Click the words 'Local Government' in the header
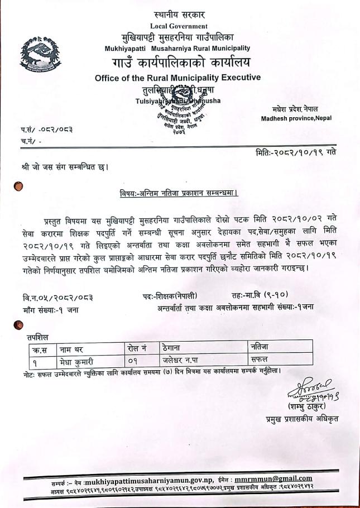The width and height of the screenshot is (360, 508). tap(179, 26)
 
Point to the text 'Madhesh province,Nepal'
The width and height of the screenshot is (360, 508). tap(296, 118)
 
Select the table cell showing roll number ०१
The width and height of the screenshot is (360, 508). tap(132, 360)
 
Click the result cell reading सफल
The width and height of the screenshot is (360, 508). tap(261, 360)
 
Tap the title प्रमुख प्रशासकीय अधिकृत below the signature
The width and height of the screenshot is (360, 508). tap(301, 419)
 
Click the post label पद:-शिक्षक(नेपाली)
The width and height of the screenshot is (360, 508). tap(169, 295)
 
